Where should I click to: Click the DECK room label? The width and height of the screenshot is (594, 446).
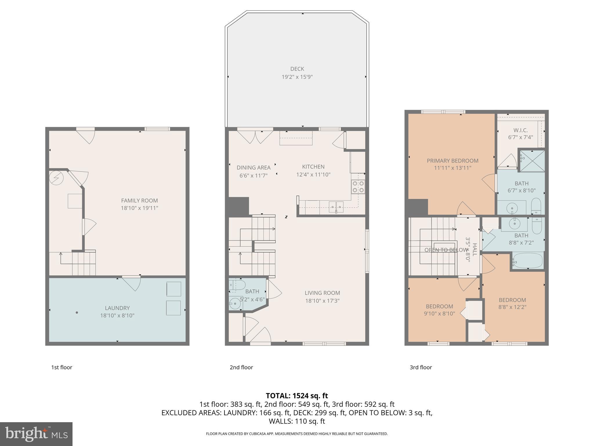(297, 69)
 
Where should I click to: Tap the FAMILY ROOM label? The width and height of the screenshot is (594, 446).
(139, 200)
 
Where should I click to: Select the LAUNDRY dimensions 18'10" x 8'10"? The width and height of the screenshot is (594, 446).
(117, 315)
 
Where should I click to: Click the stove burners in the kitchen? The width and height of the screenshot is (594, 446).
(358, 187)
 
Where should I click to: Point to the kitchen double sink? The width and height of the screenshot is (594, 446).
(336, 206)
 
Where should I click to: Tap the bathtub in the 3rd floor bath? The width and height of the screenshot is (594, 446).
(528, 261)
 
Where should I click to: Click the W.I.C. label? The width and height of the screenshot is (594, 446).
(520, 130)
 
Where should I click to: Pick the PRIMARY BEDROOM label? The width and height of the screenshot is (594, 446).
(452, 161)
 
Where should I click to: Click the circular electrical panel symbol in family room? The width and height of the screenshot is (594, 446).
(56, 177)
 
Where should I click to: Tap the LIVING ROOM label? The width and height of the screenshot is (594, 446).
(322, 293)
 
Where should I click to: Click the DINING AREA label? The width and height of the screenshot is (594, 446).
(253, 168)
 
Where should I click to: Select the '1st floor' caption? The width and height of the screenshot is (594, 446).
(61, 367)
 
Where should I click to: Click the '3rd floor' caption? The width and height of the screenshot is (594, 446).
(421, 367)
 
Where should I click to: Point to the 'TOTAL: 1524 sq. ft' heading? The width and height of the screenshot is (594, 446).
(297, 395)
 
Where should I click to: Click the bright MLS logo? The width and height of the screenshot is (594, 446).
(36, 434)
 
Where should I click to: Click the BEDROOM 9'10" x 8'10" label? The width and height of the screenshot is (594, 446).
(439, 306)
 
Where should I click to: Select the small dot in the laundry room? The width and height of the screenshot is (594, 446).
(77, 312)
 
